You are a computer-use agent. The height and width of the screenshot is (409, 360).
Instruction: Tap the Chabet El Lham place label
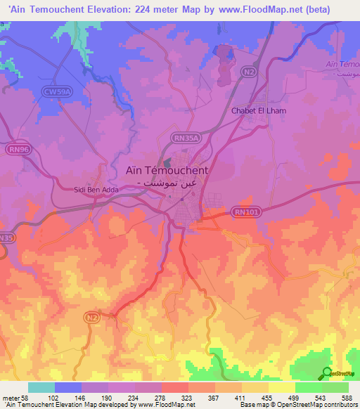point(259,110)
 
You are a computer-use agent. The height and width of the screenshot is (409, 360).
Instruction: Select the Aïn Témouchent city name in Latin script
point(166,170)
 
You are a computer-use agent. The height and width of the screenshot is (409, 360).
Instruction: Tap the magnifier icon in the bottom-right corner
point(326,373)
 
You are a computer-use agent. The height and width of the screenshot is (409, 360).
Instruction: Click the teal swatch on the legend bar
point(41,387)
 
